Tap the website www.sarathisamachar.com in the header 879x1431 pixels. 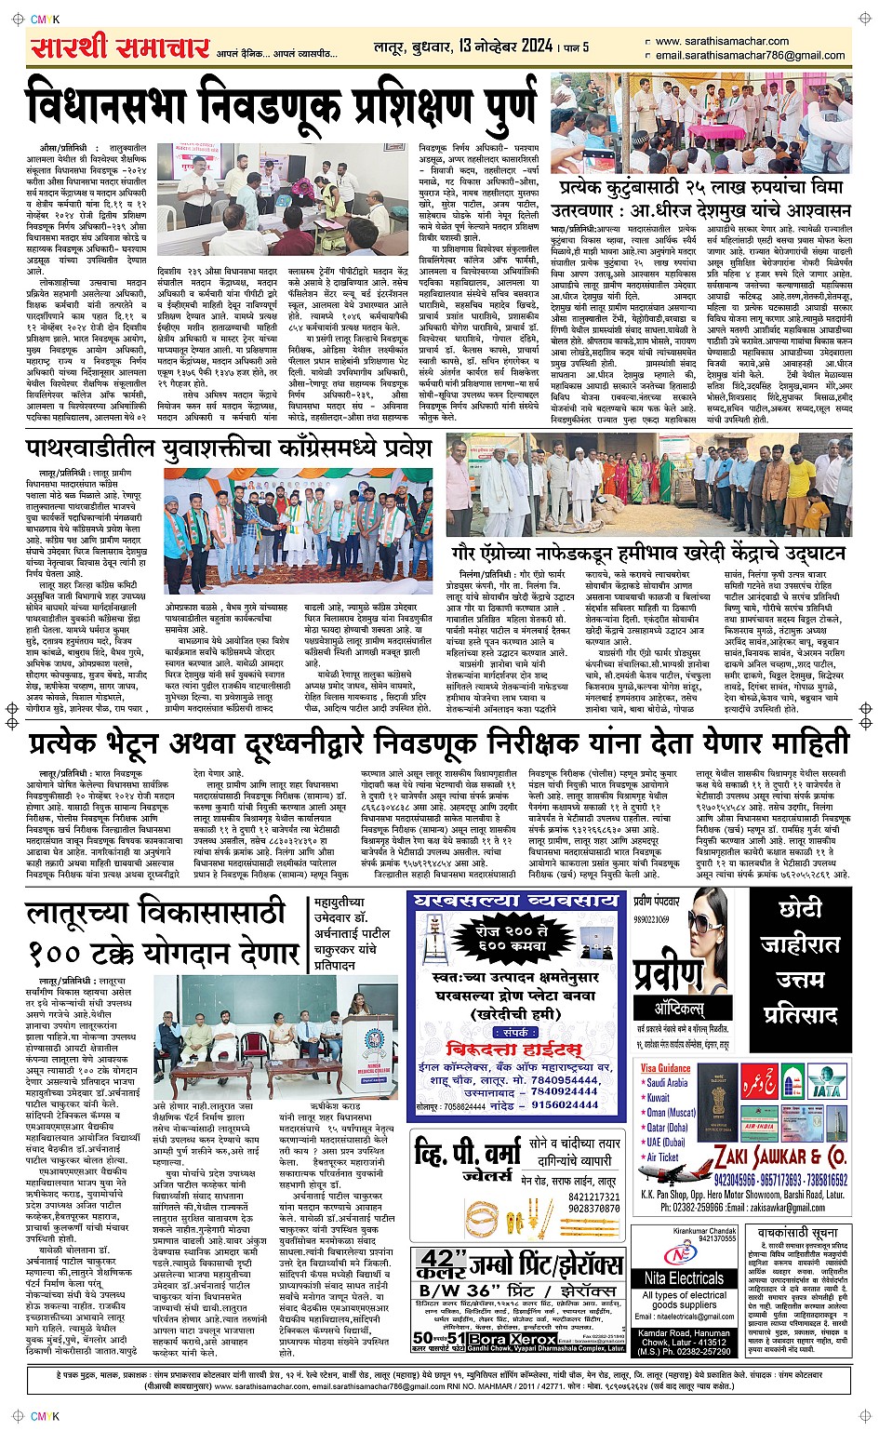pos(721,41)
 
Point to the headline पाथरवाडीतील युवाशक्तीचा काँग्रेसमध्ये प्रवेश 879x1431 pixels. pos(229,448)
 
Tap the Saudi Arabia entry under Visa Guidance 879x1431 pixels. pos(667,1082)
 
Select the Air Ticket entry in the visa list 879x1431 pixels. pos(662,1157)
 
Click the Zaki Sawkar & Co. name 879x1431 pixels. pos(779,1157)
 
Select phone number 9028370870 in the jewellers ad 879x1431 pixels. pos(593,1209)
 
